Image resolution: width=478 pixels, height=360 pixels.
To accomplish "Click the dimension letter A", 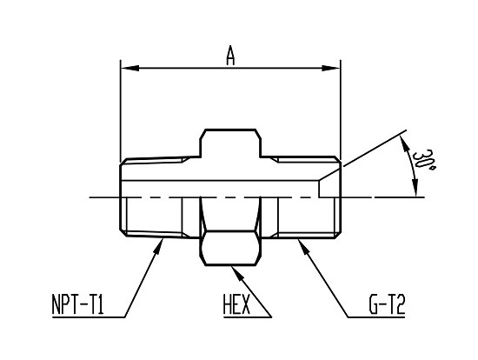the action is [231, 56].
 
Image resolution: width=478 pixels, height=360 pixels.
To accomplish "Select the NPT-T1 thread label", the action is [78, 304].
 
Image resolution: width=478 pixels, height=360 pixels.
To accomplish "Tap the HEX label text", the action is [236, 304].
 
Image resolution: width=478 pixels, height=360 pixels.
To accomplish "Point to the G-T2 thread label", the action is [387, 304].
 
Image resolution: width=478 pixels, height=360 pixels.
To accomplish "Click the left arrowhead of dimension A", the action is [129, 68].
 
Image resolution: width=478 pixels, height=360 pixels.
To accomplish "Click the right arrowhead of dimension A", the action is [331, 68].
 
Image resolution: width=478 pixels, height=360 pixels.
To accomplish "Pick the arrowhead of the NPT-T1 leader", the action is [159, 246].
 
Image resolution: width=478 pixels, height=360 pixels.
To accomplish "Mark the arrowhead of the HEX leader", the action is [238, 273].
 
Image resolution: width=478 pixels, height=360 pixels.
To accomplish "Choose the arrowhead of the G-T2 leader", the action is [304, 246].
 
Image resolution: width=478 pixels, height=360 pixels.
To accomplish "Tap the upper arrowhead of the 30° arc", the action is [403, 144].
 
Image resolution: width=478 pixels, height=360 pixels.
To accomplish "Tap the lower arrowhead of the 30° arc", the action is [415, 188].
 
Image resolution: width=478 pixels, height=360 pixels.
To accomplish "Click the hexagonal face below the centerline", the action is [231, 248].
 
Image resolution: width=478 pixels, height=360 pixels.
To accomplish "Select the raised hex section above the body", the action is [230, 143].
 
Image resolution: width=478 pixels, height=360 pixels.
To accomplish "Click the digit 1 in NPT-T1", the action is [100, 304].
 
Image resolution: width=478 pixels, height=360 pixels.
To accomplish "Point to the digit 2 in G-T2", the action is [400, 304].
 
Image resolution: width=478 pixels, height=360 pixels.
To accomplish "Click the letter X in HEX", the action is [245, 304].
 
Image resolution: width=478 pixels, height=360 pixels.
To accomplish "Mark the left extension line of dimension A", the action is [121, 110].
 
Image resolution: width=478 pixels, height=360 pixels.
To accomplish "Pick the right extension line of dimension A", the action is [341, 110].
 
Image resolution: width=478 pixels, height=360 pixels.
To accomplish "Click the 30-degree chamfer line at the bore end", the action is [330, 174].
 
